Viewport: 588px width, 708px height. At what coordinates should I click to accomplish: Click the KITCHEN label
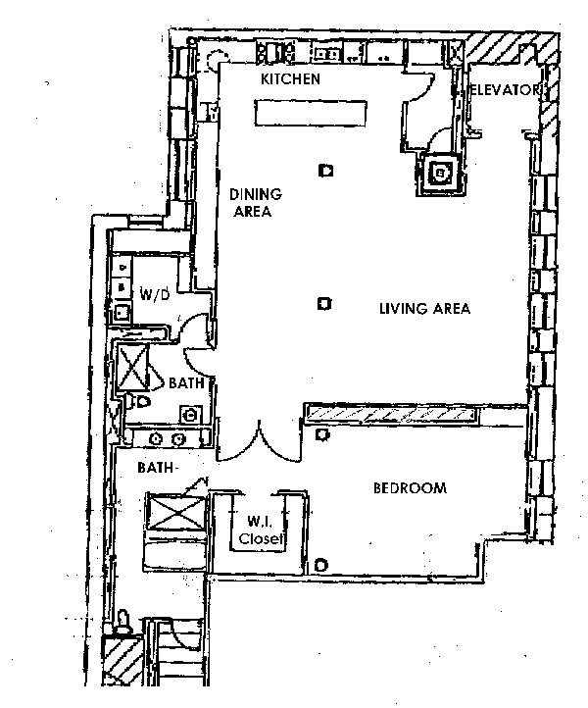(291, 79)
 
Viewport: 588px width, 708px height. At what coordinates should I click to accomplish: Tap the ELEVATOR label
(506, 90)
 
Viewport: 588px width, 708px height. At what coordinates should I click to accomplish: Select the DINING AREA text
(256, 203)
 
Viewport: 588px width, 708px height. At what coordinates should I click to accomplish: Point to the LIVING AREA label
(424, 309)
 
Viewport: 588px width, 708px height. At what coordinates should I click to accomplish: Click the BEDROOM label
(411, 488)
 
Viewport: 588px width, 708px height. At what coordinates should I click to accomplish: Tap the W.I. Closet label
(262, 531)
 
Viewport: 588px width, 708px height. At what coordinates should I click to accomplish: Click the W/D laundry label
(155, 294)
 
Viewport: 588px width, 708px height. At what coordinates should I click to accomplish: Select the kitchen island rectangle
(311, 113)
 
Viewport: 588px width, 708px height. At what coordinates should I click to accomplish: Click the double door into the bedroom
(259, 442)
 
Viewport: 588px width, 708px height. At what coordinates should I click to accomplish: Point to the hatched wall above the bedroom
(391, 414)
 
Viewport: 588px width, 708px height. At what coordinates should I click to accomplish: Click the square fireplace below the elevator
(440, 174)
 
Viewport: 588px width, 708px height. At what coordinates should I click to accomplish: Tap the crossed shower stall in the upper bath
(132, 368)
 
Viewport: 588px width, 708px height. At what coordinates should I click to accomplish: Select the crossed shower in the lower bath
(176, 513)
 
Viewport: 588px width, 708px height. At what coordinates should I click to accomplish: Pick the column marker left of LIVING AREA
(324, 304)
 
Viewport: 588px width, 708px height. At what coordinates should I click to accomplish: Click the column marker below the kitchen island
(326, 171)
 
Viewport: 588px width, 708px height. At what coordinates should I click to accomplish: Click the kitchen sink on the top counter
(326, 54)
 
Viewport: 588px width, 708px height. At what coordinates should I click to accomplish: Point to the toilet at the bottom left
(122, 623)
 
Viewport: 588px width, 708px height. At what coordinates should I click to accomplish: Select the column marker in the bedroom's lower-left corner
(320, 565)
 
